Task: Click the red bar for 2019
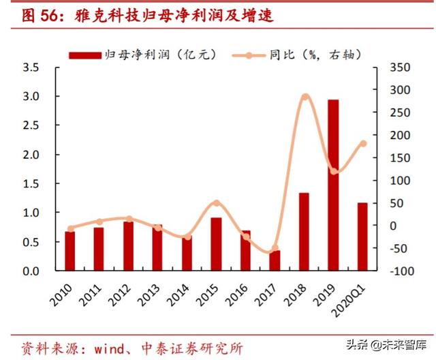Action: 332,185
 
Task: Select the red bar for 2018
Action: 304,231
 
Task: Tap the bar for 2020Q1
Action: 362,236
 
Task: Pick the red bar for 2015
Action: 216,243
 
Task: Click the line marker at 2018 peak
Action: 305,97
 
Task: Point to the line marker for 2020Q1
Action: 362,143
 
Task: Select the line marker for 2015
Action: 216,203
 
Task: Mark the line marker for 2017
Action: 275,248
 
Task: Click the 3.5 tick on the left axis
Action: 31,67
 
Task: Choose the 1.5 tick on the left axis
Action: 31,184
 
